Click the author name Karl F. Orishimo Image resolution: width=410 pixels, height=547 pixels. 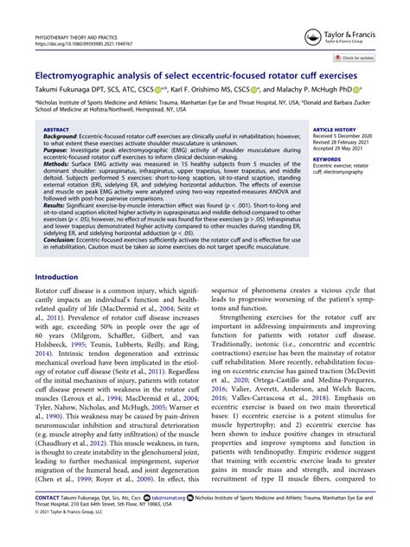[205, 89]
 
